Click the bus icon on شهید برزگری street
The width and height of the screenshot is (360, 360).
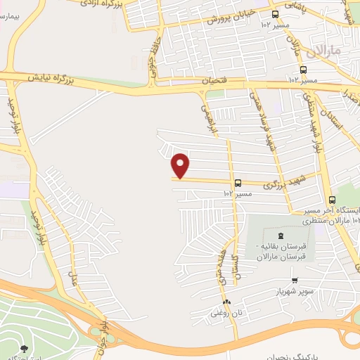(238, 181)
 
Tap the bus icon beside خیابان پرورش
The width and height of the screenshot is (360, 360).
(275, 13)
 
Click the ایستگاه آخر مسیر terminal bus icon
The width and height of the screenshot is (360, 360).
(333, 200)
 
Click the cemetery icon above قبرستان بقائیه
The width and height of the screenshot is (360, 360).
(282, 236)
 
